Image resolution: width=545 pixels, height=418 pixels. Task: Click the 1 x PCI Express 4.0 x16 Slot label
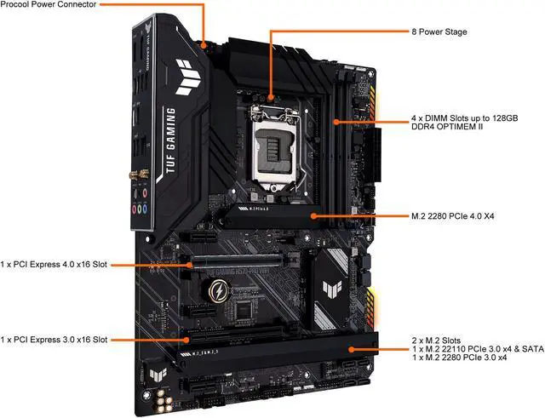(53, 264)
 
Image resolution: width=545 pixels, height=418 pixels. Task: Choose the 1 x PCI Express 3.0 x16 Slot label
(53, 339)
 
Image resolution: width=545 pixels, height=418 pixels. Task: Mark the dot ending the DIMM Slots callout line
(336, 122)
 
